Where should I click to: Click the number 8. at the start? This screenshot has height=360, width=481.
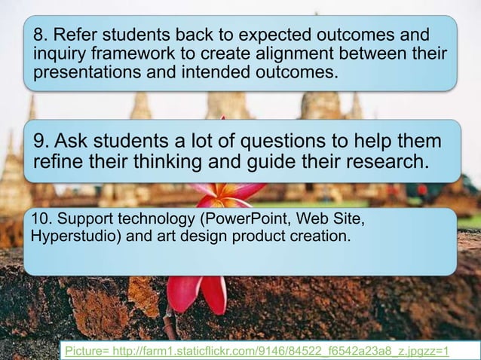point(38,36)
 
